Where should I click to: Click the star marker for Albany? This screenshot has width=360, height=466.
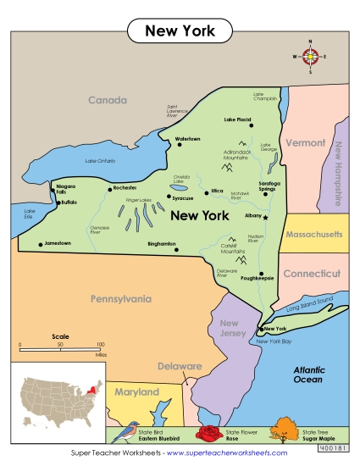(265, 218)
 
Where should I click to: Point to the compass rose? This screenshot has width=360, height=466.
(310, 57)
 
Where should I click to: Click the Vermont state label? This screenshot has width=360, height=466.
(305, 143)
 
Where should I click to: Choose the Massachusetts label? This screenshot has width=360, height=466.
(313, 234)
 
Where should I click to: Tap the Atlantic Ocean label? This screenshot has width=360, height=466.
(308, 375)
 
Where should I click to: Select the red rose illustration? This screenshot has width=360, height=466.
(208, 435)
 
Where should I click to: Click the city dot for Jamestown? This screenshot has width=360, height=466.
(40, 244)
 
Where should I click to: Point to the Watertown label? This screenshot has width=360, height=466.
(187, 138)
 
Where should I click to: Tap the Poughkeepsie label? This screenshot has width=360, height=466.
(258, 277)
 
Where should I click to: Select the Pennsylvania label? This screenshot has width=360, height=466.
(121, 299)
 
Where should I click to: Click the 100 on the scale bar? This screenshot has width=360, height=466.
(100, 345)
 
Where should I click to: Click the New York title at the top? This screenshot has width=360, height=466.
(180, 31)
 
